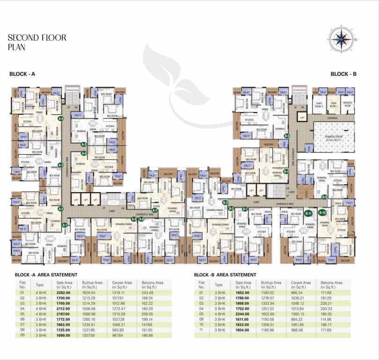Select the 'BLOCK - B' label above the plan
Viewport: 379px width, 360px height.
pos(343,74)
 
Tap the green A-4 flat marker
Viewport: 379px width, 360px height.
pos(60,119)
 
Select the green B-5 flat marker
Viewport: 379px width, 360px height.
pos(287,136)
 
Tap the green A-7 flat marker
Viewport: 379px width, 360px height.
pos(155,210)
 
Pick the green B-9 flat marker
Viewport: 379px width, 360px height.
pos(324,197)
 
